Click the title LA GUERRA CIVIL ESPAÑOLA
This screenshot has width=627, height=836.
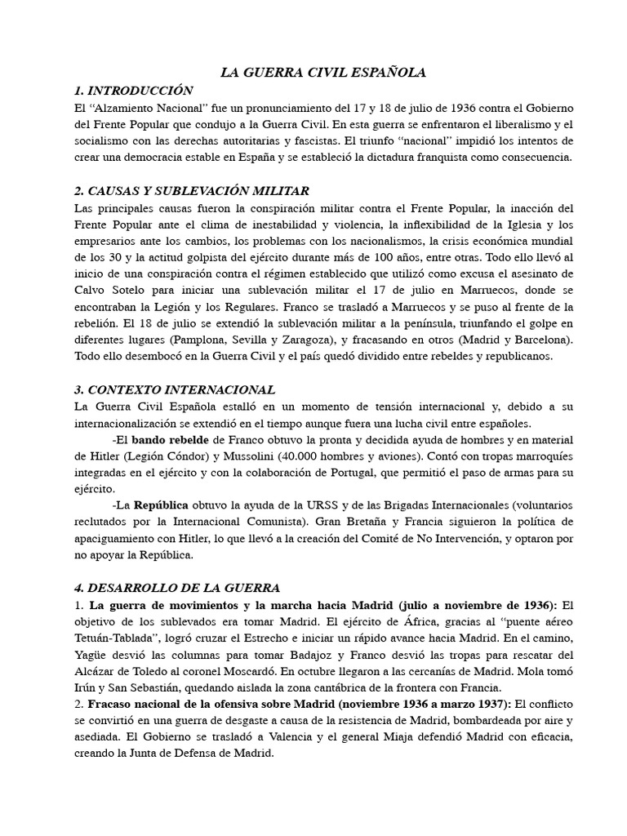click(323, 73)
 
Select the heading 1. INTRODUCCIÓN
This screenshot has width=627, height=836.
click(133, 91)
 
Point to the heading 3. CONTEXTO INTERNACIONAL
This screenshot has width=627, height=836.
click(174, 389)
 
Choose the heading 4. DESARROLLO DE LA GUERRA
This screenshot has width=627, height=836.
click(176, 588)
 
